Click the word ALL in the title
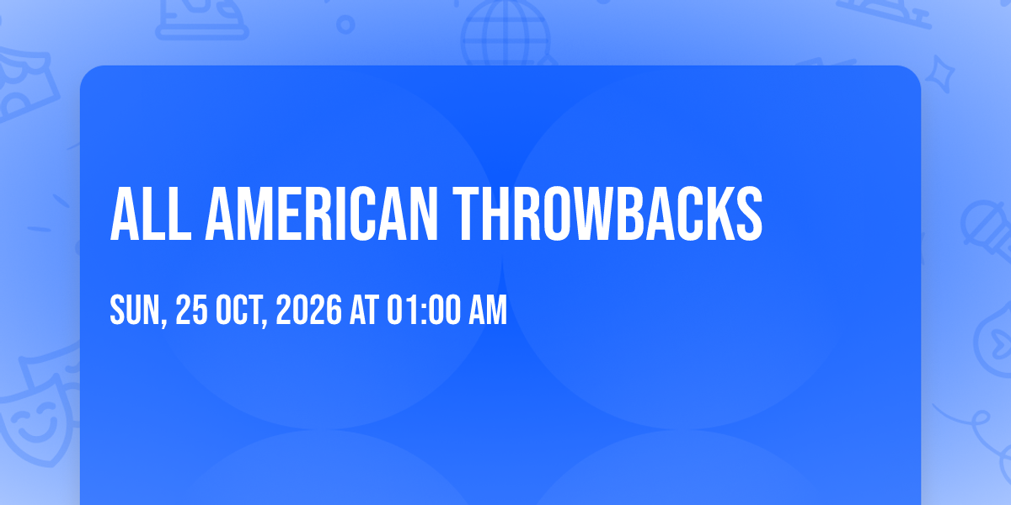[151, 214]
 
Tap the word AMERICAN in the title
[321, 214]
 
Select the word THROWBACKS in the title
[607, 214]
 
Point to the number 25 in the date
[191, 310]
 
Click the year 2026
[308, 310]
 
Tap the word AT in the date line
[364, 310]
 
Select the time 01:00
[424, 310]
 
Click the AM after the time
[488, 310]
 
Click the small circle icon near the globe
[345, 24]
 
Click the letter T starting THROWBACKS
[466, 214]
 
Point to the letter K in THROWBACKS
[713, 214]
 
